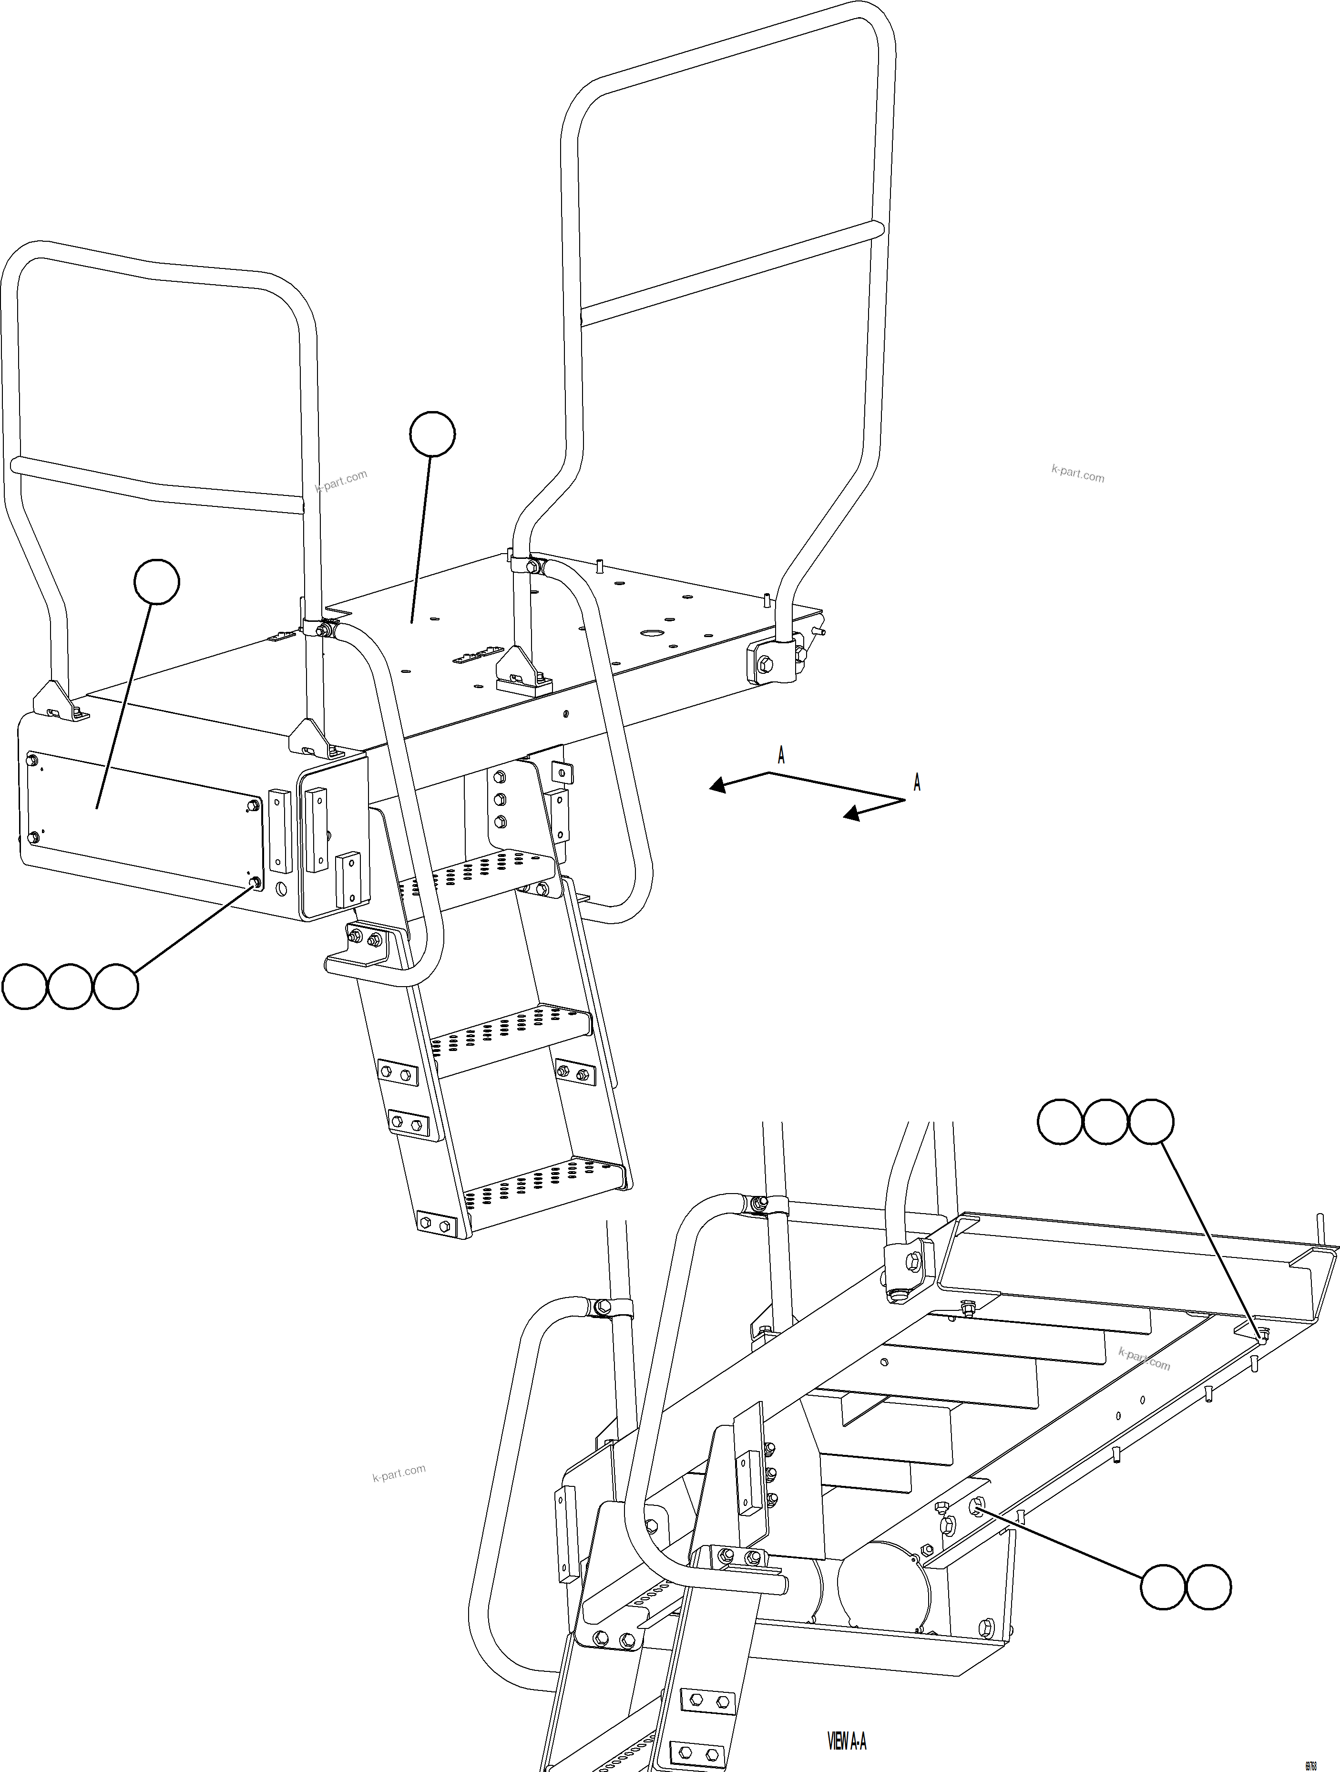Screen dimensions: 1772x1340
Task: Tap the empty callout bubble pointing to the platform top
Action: pyautogui.click(x=432, y=435)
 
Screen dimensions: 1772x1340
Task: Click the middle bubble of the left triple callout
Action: pyautogui.click(x=70, y=987)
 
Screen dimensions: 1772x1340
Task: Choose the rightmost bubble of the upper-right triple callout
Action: pyautogui.click(x=1151, y=1123)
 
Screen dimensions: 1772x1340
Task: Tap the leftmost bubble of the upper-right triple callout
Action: pyautogui.click(x=1060, y=1123)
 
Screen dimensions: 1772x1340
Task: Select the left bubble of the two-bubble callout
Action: pyautogui.click(x=1162, y=1586)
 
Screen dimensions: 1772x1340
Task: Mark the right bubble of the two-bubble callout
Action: pyautogui.click(x=1208, y=1586)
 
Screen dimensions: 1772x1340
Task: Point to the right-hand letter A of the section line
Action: pyautogui.click(x=917, y=783)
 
